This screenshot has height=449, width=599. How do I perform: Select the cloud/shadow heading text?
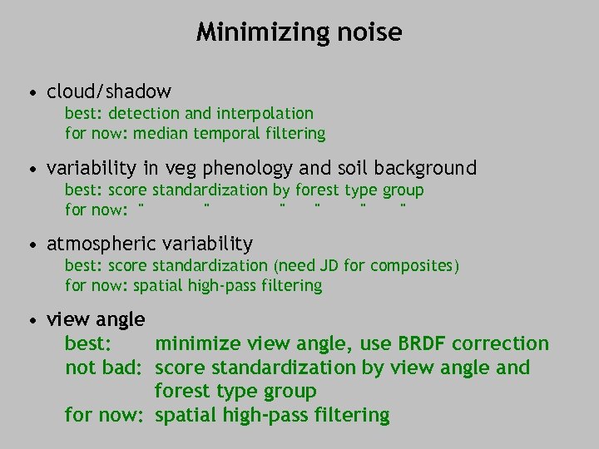click(109, 91)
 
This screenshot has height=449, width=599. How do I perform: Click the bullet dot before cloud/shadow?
click(32, 92)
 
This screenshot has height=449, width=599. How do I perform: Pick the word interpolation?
click(265, 113)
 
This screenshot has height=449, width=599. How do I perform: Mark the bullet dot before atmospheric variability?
click(32, 245)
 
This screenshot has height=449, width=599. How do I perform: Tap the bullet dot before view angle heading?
click(32, 320)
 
